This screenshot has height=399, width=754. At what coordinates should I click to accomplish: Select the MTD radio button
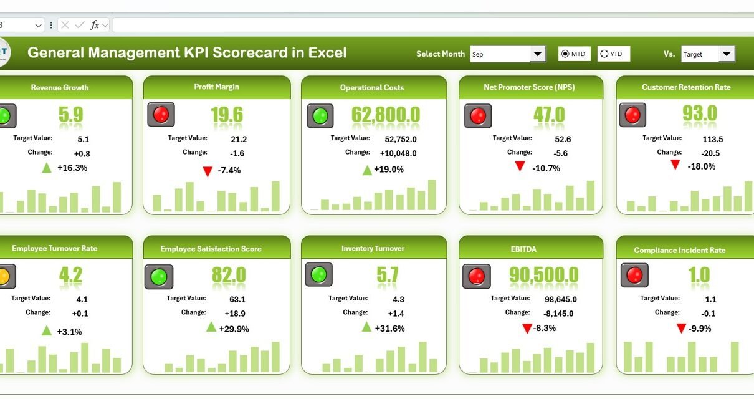point(565,54)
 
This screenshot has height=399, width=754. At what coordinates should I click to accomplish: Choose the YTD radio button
point(604,54)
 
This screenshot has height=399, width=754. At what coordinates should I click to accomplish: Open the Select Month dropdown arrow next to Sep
point(538,54)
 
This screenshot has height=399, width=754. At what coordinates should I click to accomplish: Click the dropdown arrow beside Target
point(726,54)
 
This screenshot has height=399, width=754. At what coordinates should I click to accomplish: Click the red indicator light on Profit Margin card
point(161,115)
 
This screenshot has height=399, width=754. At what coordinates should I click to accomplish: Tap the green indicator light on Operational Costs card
point(320,116)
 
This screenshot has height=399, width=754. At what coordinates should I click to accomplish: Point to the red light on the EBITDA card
point(477,276)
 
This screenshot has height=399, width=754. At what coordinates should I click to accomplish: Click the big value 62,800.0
point(386,115)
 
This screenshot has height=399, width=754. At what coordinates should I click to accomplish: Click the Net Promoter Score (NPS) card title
point(530,87)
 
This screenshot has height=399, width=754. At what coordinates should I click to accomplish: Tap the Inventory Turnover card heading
point(373,248)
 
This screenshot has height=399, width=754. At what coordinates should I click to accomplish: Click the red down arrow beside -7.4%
point(208,171)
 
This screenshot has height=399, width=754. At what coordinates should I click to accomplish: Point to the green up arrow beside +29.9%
point(211,327)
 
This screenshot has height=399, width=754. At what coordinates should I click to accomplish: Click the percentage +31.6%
point(389,329)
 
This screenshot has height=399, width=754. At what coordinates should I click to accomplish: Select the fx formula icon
point(95,25)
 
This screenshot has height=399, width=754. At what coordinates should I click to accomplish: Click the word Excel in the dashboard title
point(327,52)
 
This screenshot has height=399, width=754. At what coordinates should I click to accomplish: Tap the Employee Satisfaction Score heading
point(211,249)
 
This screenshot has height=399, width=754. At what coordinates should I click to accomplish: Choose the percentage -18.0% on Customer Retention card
point(702,166)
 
